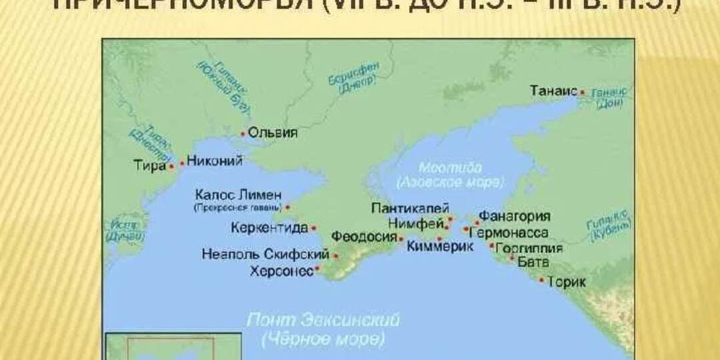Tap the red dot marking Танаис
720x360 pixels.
[x=582, y=92]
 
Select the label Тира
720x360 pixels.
[x=150, y=165]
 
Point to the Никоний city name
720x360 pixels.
[x=213, y=160]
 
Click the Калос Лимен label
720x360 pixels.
[x=238, y=195]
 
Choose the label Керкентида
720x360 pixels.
[x=269, y=228]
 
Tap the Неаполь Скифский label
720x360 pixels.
[x=265, y=255]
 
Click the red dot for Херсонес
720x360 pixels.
[x=318, y=269]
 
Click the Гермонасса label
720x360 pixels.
[x=509, y=233]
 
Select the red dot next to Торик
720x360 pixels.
[x=541, y=281]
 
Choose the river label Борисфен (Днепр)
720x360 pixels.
[x=353, y=80]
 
